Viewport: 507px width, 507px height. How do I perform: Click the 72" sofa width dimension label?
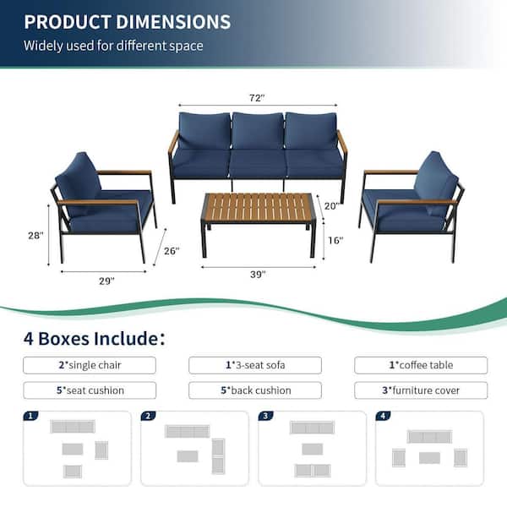(257, 98)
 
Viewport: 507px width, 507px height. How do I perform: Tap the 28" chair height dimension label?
(35, 236)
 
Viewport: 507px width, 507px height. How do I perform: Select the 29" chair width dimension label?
(106, 281)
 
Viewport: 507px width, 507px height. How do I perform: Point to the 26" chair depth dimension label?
(172, 251)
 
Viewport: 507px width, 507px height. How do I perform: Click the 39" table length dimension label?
(258, 275)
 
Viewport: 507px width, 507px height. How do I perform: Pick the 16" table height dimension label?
(335, 240)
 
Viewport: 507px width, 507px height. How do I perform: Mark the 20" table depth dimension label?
(332, 206)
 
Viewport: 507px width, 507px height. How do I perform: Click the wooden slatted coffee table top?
(258, 208)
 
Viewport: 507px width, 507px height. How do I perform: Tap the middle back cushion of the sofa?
(258, 130)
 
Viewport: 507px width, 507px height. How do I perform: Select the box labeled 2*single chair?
(90, 365)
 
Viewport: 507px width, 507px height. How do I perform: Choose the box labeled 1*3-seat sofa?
(255, 365)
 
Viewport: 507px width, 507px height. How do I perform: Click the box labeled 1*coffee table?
(421, 365)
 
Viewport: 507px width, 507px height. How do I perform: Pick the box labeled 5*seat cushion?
(90, 390)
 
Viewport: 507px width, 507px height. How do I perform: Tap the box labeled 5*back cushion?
(255, 390)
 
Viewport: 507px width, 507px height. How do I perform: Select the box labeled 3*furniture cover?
(421, 390)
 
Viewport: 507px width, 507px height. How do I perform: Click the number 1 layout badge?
(30, 416)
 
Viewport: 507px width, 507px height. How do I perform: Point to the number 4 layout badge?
(383, 416)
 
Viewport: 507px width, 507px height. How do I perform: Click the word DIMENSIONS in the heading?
(173, 22)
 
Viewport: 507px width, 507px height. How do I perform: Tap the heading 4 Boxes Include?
(94, 339)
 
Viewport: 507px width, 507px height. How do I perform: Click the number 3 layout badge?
(265, 416)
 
